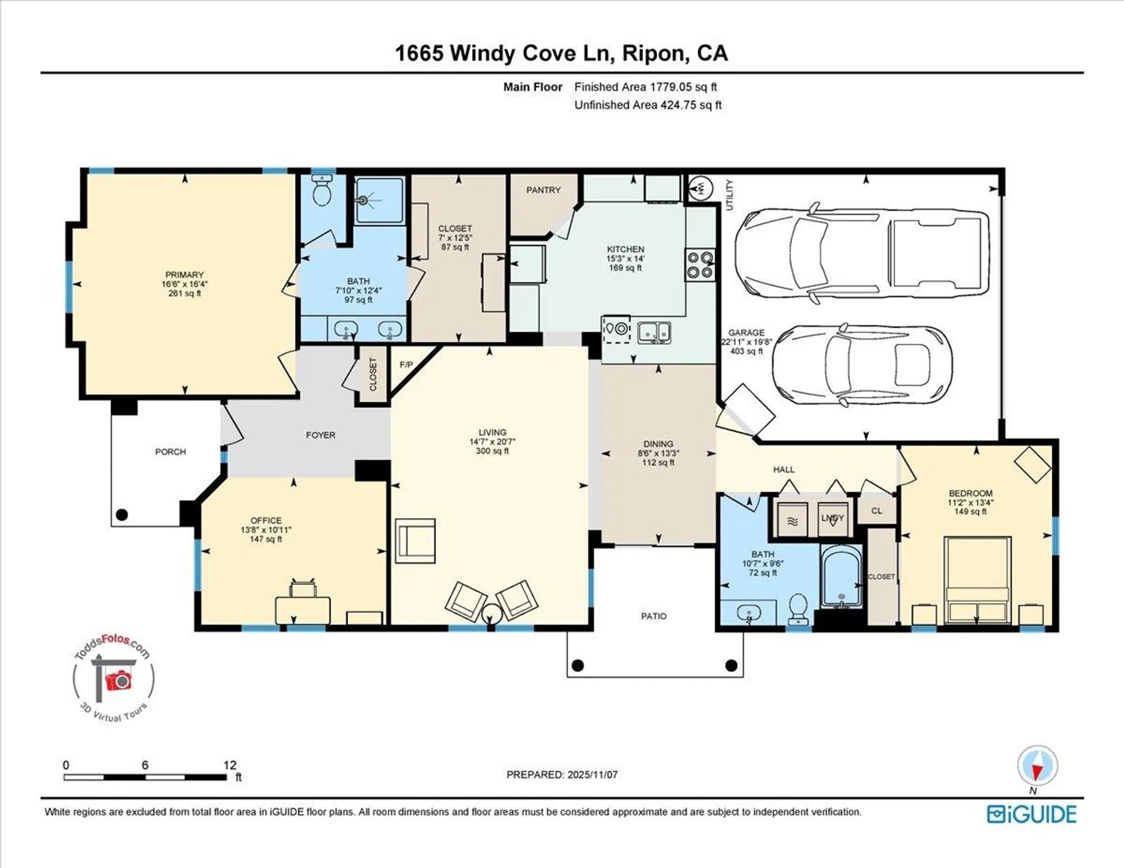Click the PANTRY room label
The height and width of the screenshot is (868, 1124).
[x=543, y=190]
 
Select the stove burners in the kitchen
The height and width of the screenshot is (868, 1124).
[x=700, y=264]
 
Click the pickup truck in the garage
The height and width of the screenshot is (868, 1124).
[x=861, y=253]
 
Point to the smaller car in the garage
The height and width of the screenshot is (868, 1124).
[x=862, y=365]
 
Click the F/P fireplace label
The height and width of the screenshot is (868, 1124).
[x=406, y=365]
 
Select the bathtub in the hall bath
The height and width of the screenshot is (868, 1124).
[x=842, y=577]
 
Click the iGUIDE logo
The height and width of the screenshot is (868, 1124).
[x=1031, y=814]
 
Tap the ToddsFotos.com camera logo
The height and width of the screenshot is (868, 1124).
[x=114, y=678]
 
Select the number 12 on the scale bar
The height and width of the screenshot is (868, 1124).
[x=229, y=765]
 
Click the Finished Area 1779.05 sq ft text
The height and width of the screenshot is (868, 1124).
[x=645, y=87]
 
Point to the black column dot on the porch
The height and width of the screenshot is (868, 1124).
[x=122, y=514]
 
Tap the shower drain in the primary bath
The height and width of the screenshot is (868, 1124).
[x=363, y=201]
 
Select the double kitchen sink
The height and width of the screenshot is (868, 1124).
[x=654, y=333]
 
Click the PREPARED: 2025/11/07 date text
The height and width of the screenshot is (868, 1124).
[x=561, y=774]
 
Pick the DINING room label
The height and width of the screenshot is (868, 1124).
[x=658, y=444]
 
